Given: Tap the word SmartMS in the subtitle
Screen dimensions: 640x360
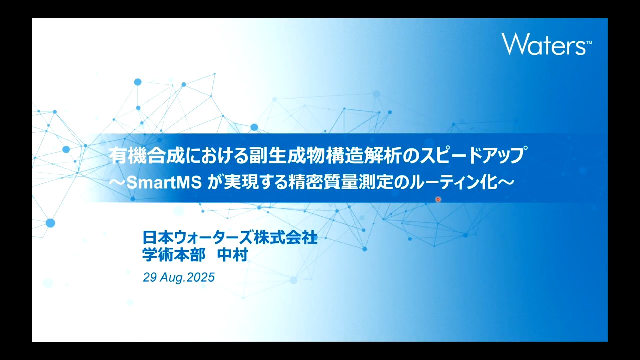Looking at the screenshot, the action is [164, 182].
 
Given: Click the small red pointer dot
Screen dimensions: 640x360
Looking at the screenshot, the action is [438, 199].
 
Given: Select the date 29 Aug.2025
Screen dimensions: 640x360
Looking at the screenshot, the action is [179, 277].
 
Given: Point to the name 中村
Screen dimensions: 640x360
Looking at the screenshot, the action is [232, 255].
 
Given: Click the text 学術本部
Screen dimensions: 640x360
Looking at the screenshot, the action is [174, 255].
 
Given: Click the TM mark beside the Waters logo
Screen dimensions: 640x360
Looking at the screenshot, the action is [589, 43].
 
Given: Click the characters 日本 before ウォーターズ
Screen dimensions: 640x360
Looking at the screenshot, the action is [158, 237].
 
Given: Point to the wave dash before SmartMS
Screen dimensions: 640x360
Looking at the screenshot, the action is [117, 182].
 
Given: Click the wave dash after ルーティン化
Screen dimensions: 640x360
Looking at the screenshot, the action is [506, 182].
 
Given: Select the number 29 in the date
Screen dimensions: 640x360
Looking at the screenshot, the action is [149, 277].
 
